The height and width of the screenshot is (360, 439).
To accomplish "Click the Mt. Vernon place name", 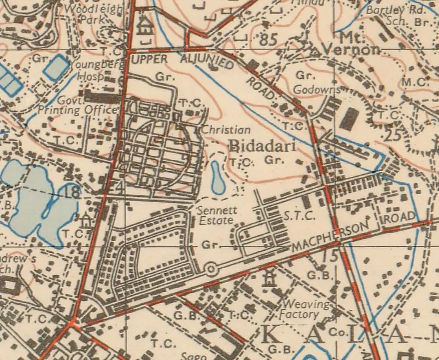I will point(352,44).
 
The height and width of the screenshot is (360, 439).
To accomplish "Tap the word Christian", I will point(226,130).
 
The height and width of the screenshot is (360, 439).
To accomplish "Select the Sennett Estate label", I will point(217,215).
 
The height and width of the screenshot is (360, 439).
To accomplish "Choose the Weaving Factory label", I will point(307,309).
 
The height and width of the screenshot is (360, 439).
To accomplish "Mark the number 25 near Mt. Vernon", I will point(394,135).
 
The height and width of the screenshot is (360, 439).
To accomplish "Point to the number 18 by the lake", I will point(73,192).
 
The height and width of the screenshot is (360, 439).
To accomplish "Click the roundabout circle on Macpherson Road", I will point(211,268).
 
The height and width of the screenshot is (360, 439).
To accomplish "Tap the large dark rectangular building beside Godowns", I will point(349,119).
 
